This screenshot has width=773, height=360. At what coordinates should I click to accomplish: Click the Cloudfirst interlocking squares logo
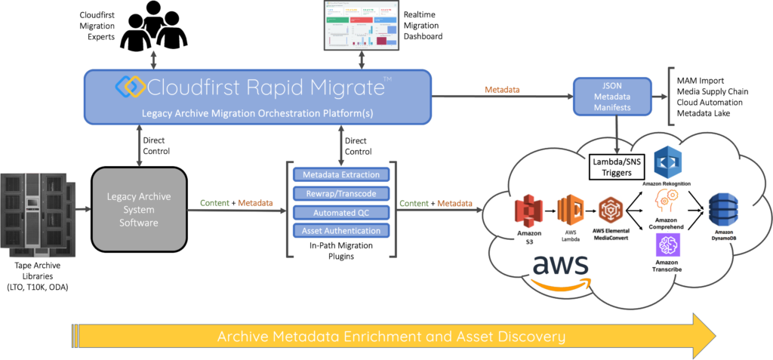pyautogui.click(x=130, y=86)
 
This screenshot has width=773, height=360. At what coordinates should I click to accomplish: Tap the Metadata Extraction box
pyautogui.click(x=341, y=175)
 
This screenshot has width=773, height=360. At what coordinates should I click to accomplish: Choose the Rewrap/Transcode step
pyautogui.click(x=341, y=194)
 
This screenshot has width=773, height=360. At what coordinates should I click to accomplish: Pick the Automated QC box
pyautogui.click(x=341, y=212)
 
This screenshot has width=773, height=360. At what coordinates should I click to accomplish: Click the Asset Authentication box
pyautogui.click(x=341, y=231)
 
